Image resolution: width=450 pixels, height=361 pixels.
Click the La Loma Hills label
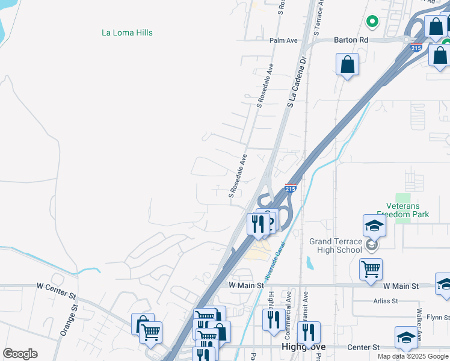click(x=126, y=32)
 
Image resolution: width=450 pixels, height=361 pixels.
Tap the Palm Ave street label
click(x=284, y=41)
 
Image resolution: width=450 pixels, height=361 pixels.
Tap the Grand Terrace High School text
click(x=336, y=245)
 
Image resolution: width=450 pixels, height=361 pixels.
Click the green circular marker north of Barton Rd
click(x=372, y=22)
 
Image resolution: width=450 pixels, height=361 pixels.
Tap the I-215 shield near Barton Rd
click(x=416, y=46)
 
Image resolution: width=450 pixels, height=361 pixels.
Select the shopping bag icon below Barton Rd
click(x=348, y=64)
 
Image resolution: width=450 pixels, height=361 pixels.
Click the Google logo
click(x=20, y=354)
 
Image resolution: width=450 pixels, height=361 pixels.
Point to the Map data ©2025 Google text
click(x=413, y=356)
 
